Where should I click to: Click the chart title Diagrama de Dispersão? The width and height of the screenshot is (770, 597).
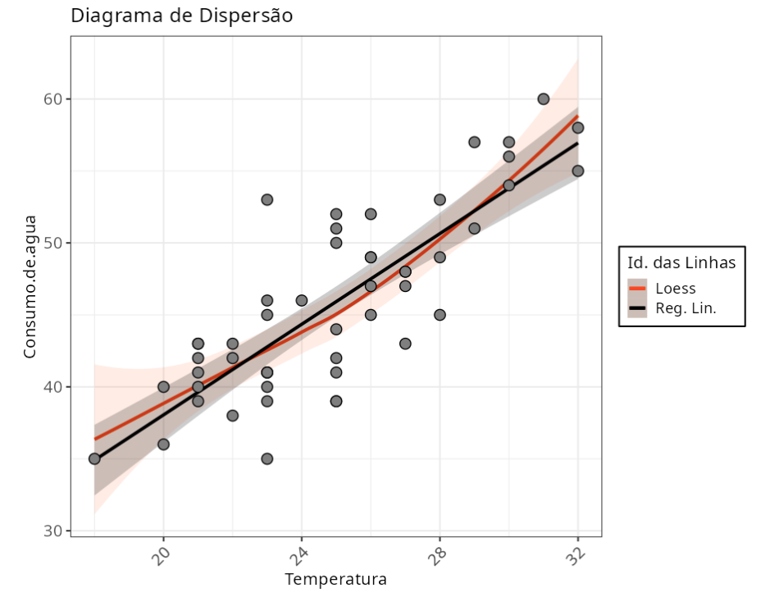click(181, 16)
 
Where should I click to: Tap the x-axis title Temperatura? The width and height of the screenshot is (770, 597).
click(335, 580)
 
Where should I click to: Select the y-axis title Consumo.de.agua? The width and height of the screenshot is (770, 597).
click(30, 286)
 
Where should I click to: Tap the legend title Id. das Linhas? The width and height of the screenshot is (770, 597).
click(681, 263)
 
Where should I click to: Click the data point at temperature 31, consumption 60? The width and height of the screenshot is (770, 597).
click(543, 99)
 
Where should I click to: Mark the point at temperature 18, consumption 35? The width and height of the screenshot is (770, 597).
click(94, 458)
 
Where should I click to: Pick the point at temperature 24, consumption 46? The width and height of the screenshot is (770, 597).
click(302, 300)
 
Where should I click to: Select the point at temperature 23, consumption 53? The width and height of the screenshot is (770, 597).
click(267, 199)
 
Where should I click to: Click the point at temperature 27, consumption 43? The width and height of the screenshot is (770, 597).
click(405, 344)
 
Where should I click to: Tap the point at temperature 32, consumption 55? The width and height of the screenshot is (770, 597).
click(577, 171)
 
